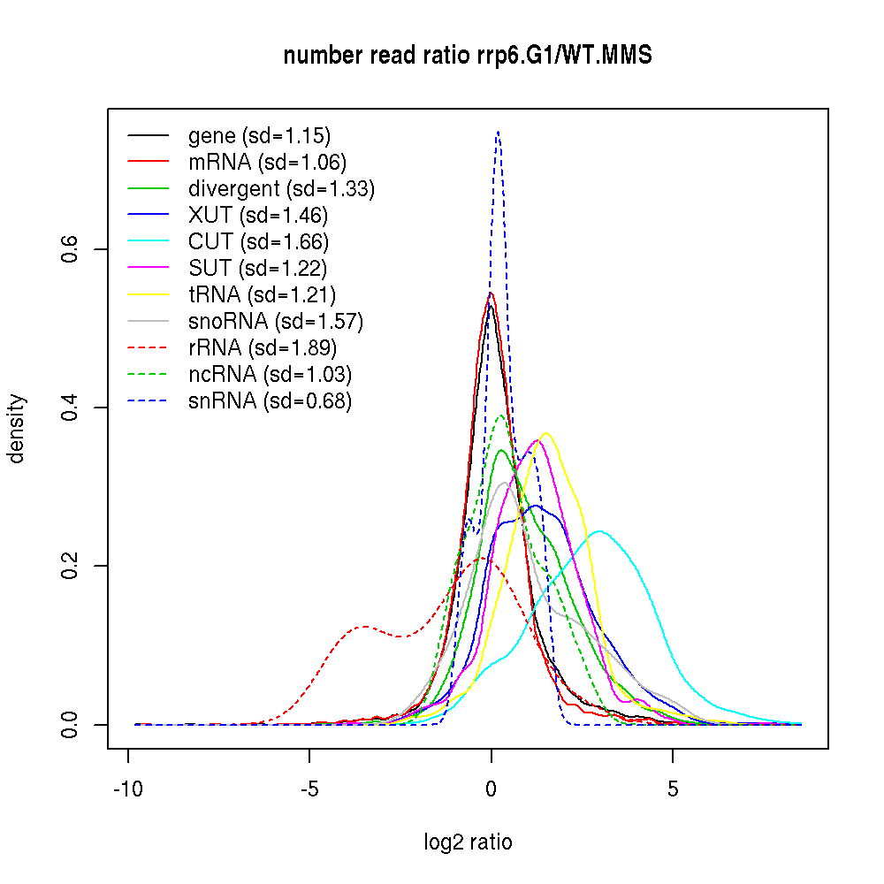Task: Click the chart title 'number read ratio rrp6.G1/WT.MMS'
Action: coord(468,57)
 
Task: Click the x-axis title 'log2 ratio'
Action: coord(468,842)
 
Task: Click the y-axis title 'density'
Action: coord(17,429)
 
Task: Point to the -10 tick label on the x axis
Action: coord(128,789)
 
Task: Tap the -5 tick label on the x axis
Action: coord(309,789)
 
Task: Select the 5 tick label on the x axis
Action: coord(673,789)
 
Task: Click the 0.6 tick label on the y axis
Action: coord(71,249)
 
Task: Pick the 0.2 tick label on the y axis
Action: coord(71,566)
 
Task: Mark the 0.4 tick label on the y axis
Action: coord(71,408)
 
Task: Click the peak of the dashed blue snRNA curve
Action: coord(499,132)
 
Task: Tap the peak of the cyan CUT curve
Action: coord(600,531)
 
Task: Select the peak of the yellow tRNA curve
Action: coord(546,433)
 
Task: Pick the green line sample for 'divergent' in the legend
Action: coord(148,188)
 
